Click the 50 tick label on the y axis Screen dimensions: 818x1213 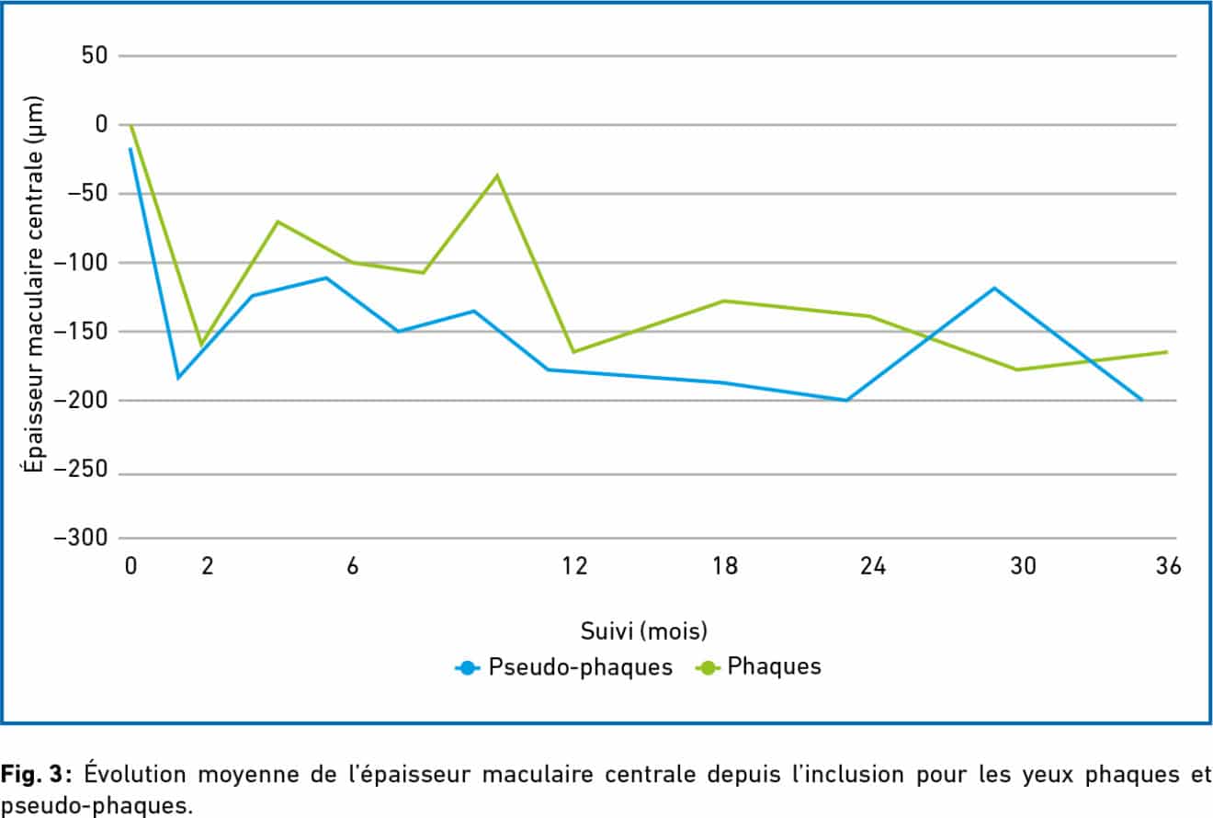(92, 56)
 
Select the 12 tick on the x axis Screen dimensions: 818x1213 (575, 566)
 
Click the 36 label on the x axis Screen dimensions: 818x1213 (1168, 566)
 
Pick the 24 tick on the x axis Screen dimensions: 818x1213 (872, 566)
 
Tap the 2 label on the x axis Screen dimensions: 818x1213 (208, 566)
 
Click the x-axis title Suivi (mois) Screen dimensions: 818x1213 (643, 631)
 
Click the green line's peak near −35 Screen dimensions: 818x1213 (498, 175)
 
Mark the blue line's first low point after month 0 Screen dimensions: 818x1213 (178, 378)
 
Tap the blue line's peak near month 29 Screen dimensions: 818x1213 (993, 288)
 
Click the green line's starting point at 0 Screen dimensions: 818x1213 (130, 125)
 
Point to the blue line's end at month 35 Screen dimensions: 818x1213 (1142, 401)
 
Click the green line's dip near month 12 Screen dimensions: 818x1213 (573, 352)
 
